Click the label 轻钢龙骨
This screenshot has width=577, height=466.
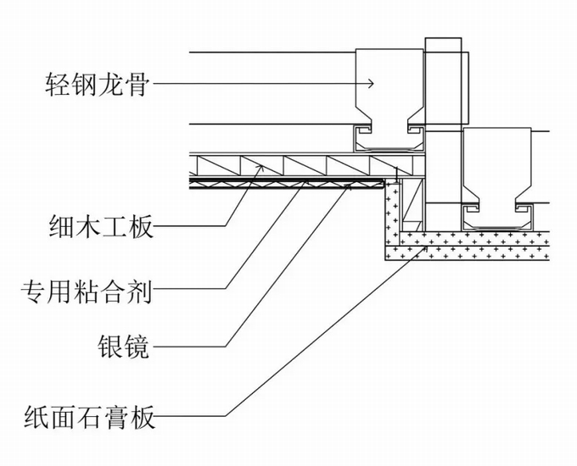(x=97, y=84)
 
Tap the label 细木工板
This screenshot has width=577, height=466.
(x=100, y=226)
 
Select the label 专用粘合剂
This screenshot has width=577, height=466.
(x=87, y=291)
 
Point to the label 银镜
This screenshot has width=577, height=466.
(x=124, y=347)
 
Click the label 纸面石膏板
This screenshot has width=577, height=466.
(x=89, y=417)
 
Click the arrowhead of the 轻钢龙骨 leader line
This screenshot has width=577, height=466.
(x=371, y=84)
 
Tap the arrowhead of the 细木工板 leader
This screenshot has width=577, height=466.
(x=260, y=168)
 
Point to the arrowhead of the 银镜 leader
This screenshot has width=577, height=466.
(x=349, y=187)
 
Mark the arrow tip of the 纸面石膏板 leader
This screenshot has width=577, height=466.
(x=426, y=247)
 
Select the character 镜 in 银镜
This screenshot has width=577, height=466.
(x=137, y=347)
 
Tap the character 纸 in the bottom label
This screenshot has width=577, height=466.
(x=36, y=417)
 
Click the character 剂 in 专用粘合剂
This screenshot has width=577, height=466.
(x=140, y=291)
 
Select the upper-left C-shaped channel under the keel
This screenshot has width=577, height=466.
(x=389, y=139)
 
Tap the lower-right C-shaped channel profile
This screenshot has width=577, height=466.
(x=496, y=218)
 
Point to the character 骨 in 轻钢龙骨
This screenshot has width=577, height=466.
(x=137, y=84)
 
